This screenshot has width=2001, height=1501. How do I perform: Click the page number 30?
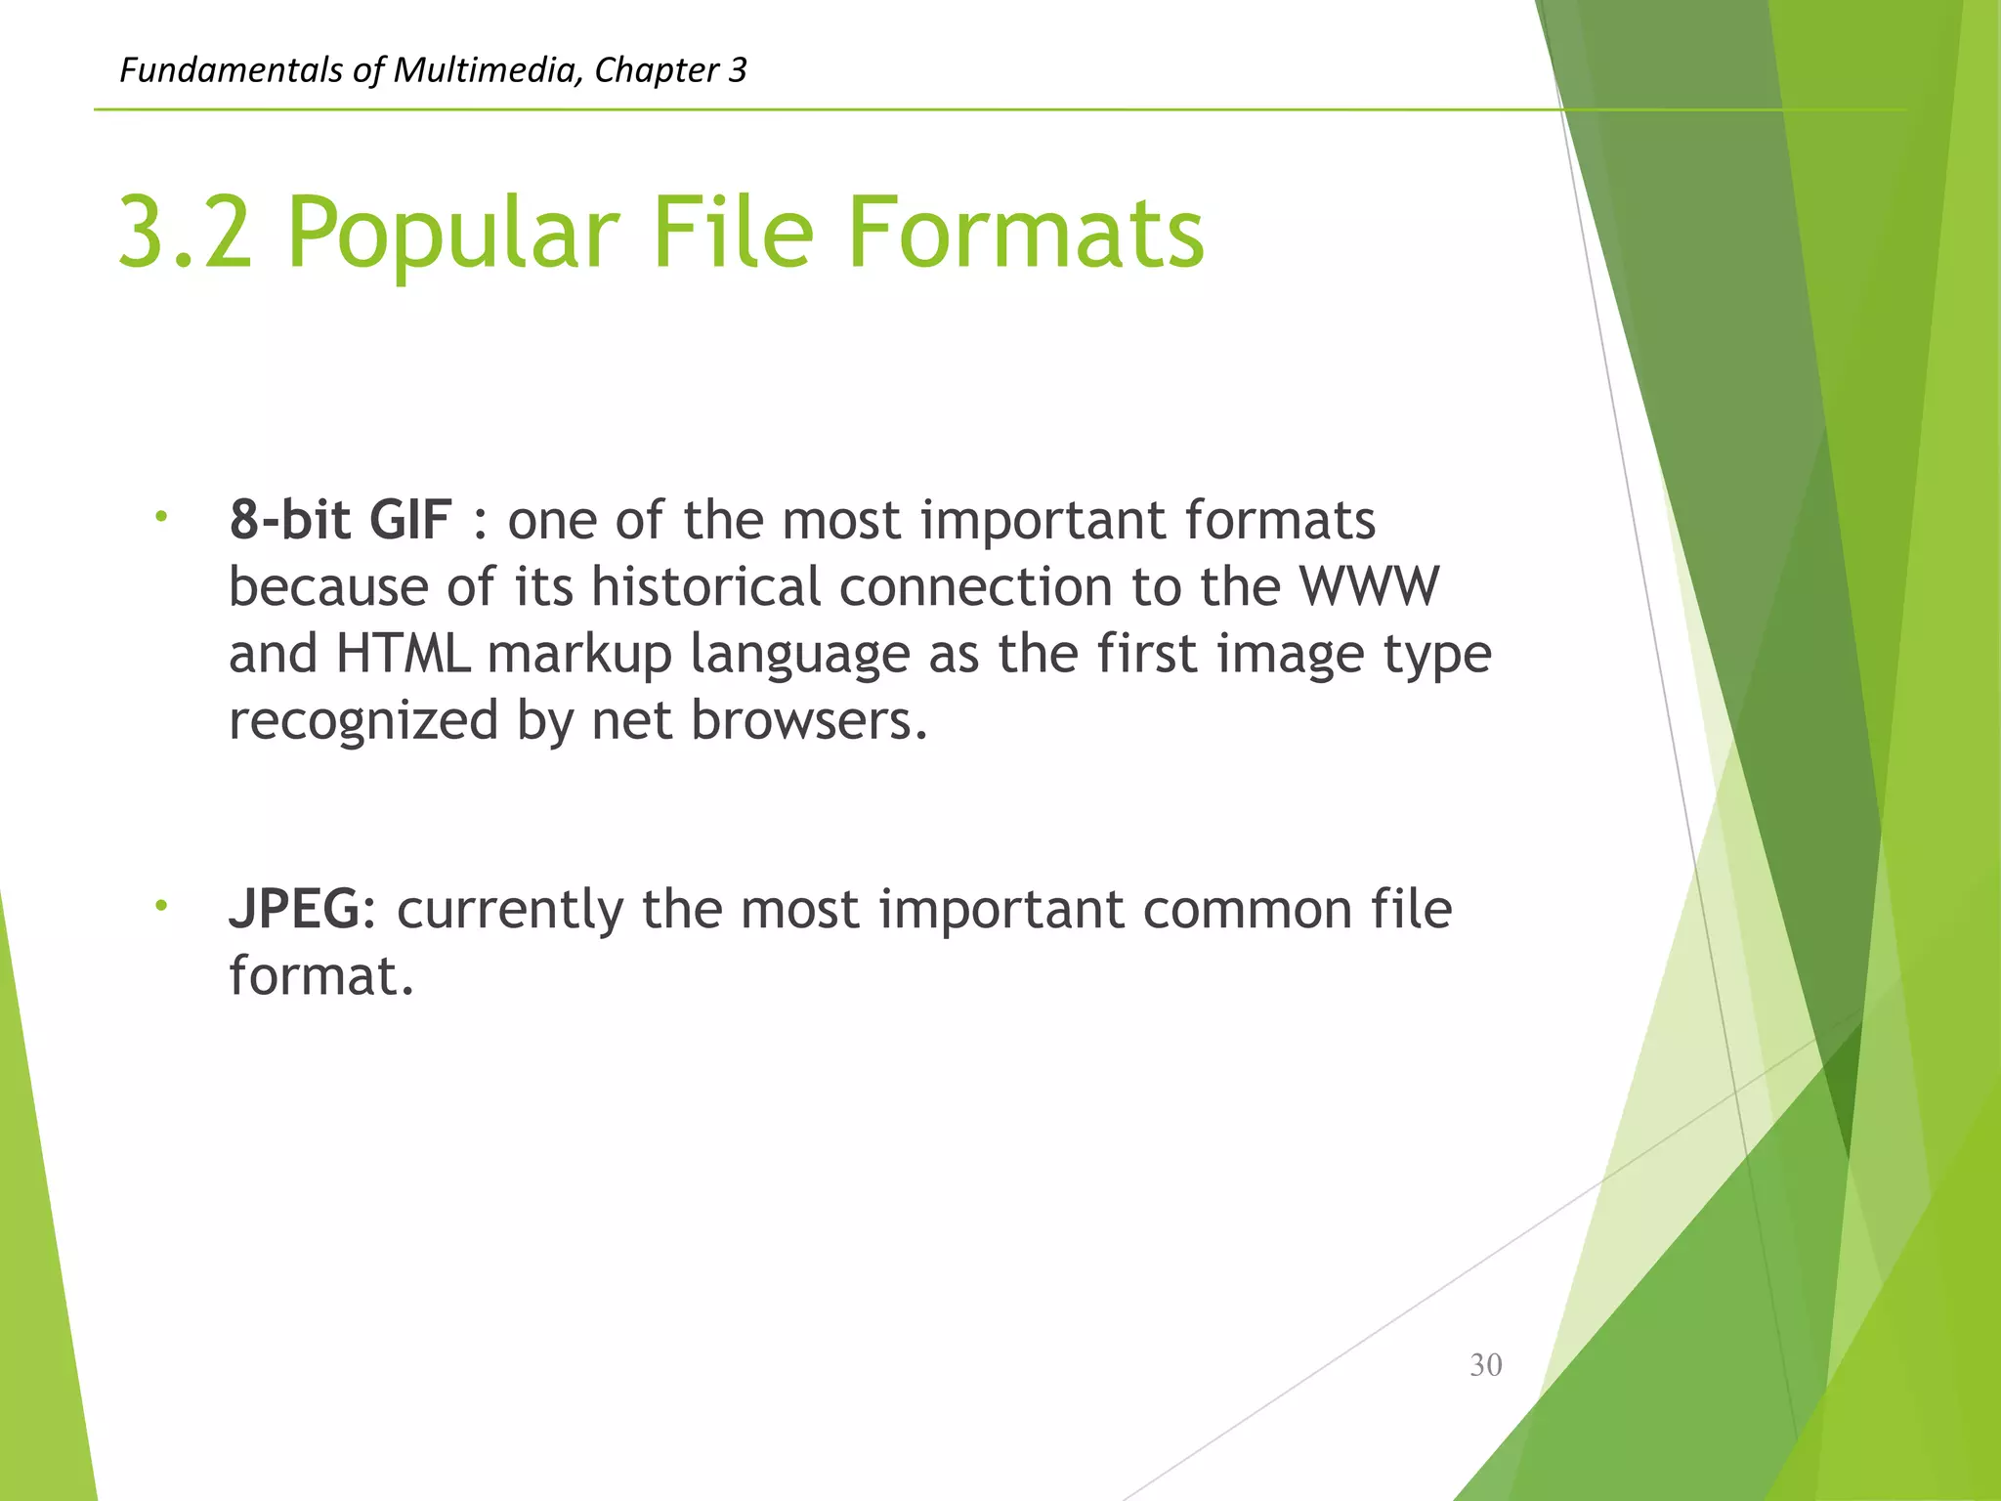[1485, 1365]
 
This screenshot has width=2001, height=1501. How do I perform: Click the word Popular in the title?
[453, 235]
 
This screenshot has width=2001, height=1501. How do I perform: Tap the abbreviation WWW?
[1369, 587]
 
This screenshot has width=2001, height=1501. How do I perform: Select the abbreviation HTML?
[403, 654]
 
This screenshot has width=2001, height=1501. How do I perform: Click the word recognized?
[363, 722]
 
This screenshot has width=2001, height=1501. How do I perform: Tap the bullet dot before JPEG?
[161, 906]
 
